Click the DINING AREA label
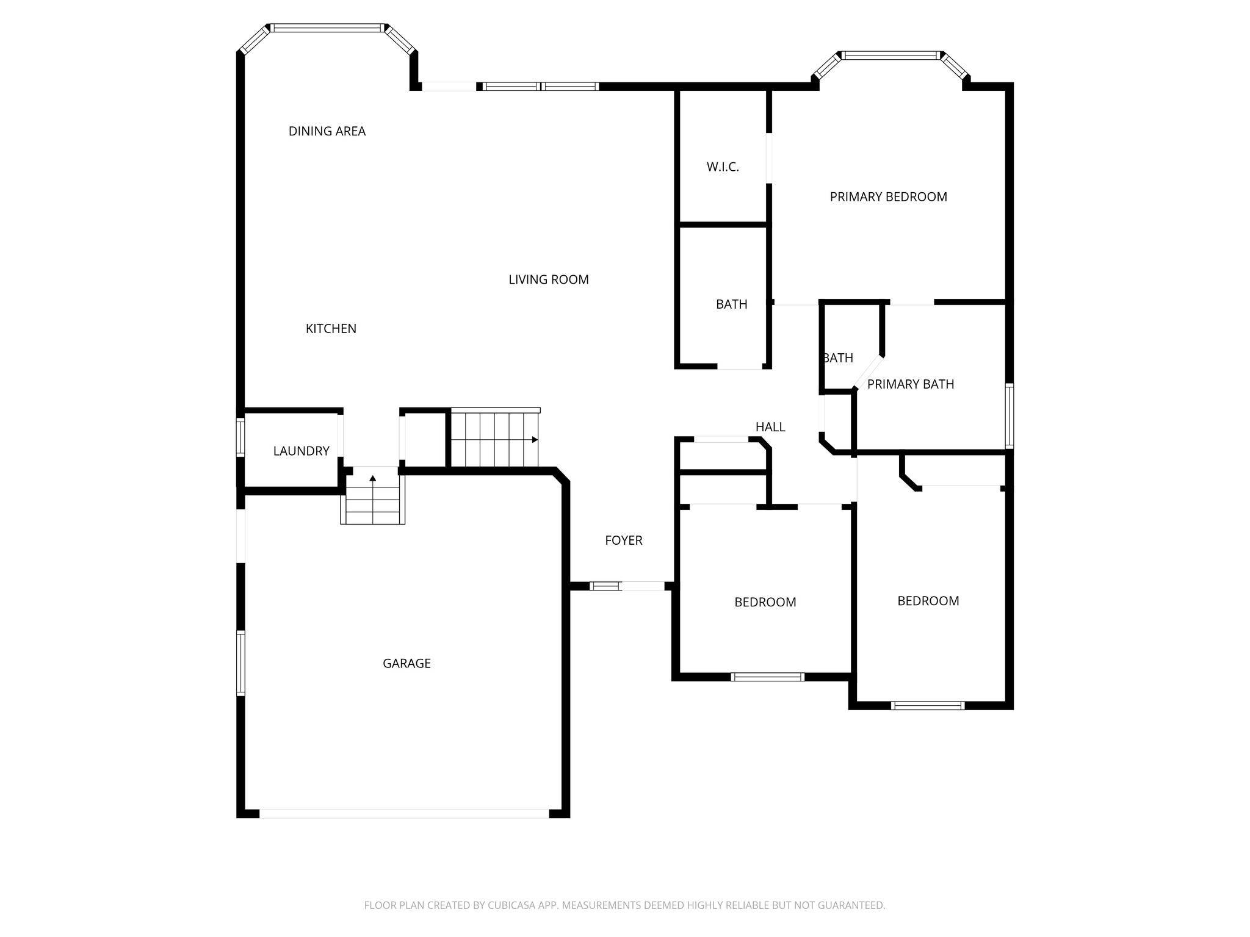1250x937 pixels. point(327,131)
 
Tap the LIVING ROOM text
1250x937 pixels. point(548,279)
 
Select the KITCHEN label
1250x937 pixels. point(331,329)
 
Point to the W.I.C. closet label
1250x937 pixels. point(723,167)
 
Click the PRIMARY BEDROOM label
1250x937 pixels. point(888,197)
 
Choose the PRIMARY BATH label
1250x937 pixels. point(910,384)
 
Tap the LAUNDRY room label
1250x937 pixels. point(301,451)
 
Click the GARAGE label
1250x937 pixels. point(406,664)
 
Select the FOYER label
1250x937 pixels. point(623,540)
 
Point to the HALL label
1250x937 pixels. point(770,427)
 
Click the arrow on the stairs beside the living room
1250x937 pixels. point(535,439)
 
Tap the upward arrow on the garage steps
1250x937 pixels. point(372,478)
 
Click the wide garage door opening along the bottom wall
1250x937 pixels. point(404,813)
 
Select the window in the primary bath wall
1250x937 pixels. point(1010,415)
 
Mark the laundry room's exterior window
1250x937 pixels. point(240,437)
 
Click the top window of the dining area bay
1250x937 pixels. point(328,28)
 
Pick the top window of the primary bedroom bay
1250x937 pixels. point(891,56)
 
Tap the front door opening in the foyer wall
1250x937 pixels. point(642,586)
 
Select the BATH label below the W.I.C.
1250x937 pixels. point(731,304)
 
